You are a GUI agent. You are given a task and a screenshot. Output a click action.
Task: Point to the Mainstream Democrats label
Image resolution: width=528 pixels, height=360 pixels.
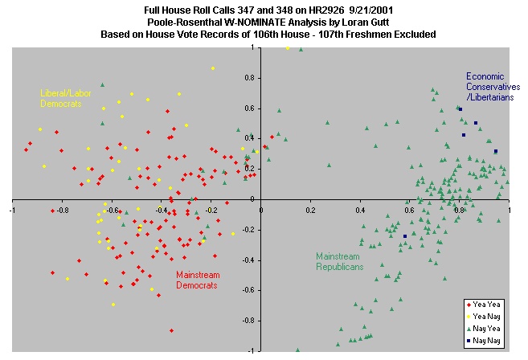click(198, 280)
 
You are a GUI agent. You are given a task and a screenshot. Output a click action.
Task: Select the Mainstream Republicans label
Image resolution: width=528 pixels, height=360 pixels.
click(340, 261)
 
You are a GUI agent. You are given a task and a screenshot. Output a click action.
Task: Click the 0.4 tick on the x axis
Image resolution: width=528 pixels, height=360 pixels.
click(360, 211)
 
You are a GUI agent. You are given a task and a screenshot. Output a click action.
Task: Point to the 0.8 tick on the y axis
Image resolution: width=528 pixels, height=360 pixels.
click(251, 77)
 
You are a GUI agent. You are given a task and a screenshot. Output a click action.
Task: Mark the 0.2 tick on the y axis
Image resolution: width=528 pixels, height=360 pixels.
click(251, 169)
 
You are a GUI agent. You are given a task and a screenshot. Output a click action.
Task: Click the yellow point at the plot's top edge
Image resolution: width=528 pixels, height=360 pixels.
click(287, 48)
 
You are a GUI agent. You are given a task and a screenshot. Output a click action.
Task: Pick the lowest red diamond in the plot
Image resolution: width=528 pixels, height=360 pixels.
click(171, 330)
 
